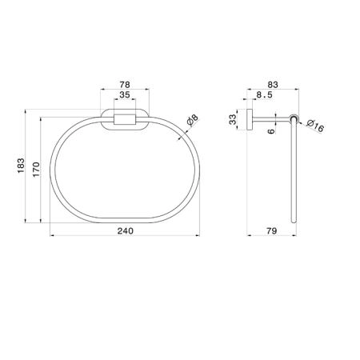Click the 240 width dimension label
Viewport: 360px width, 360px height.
[x=126, y=230]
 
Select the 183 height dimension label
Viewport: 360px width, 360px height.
[x=21, y=166]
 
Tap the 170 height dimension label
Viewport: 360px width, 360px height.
[x=36, y=169]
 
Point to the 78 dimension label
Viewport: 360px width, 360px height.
[x=125, y=85]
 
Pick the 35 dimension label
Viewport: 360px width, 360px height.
[x=125, y=94]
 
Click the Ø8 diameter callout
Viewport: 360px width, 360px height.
[x=193, y=120]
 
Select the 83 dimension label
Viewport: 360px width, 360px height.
[x=273, y=85]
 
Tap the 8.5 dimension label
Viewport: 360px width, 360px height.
[x=265, y=94]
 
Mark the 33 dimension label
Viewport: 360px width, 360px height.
[x=233, y=119]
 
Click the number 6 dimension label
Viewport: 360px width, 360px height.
[x=270, y=131]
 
